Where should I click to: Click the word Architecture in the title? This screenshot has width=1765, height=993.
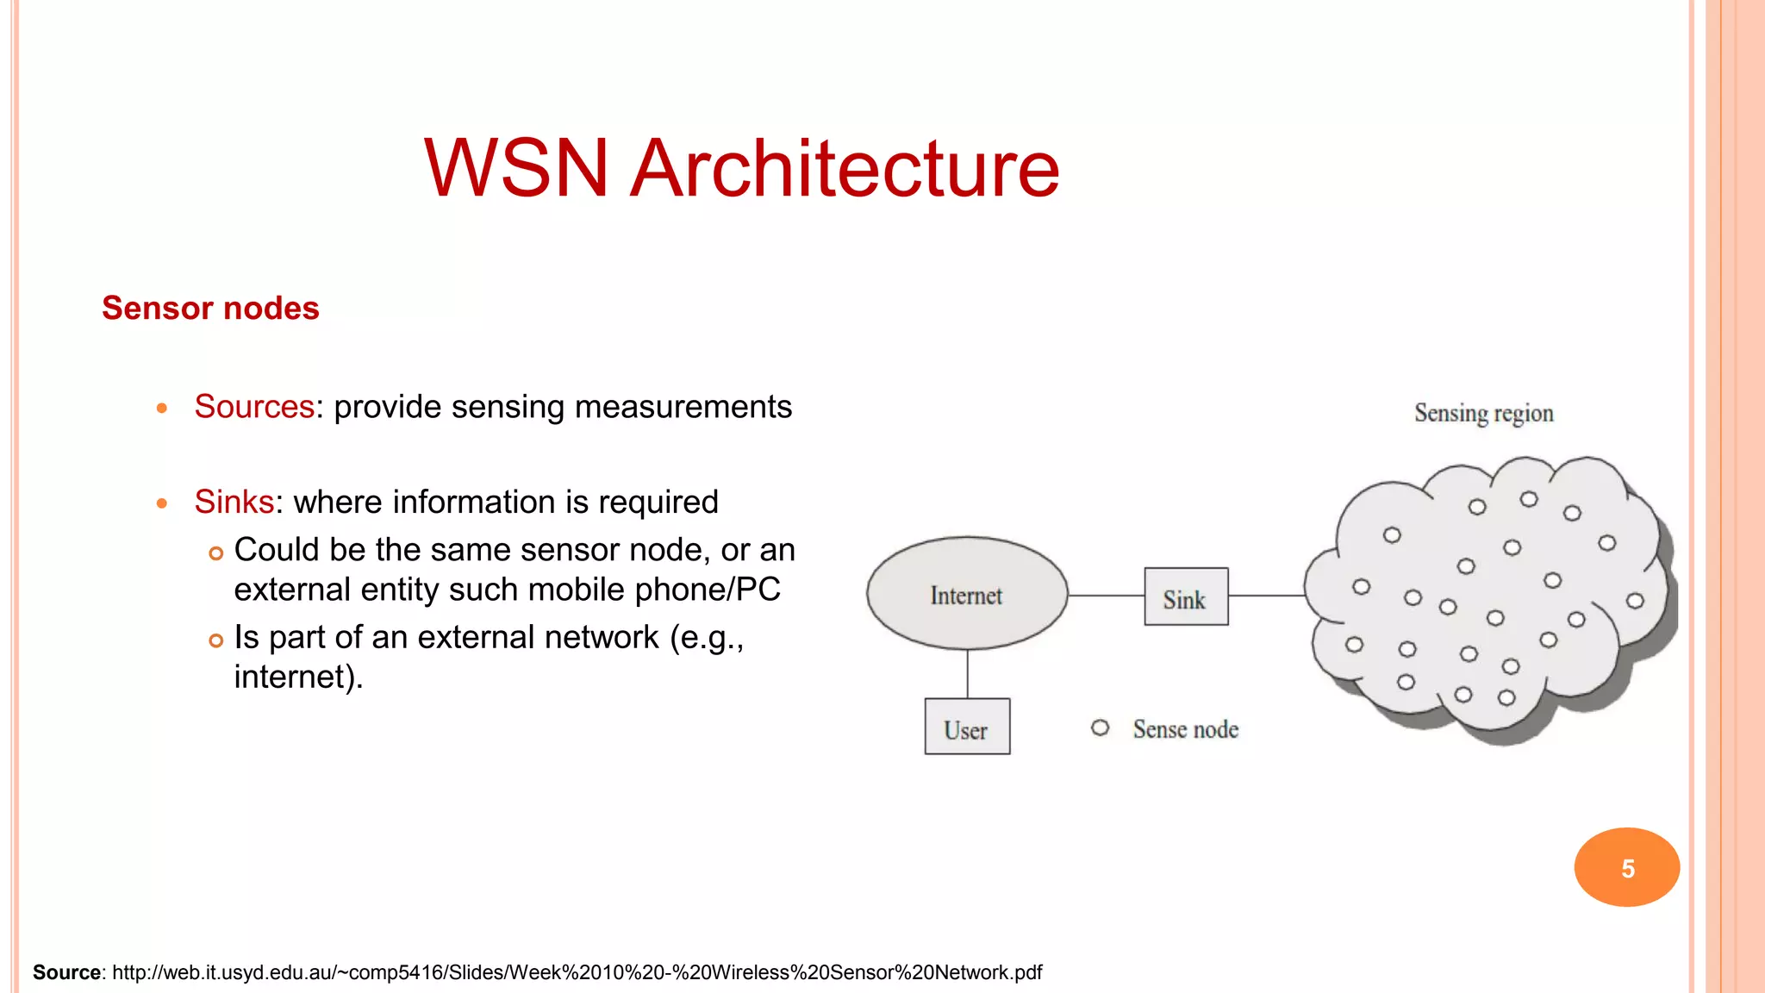[x=845, y=169]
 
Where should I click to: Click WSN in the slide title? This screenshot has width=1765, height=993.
[x=515, y=169]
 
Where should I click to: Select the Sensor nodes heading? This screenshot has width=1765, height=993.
[x=210, y=309]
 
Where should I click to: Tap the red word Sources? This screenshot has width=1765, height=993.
[x=254, y=407]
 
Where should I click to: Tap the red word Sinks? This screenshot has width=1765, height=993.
[x=234, y=502]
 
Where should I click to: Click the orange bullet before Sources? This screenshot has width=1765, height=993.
[x=162, y=409]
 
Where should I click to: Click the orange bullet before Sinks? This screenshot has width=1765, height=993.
[x=162, y=503]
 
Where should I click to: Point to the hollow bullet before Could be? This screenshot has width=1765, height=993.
[x=216, y=553]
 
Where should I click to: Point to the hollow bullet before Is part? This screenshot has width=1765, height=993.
[x=216, y=640]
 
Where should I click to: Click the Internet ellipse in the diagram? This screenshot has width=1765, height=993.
[x=966, y=594]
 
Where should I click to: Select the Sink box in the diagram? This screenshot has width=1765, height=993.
[x=1186, y=596]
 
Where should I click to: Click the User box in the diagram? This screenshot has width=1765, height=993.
[x=967, y=727]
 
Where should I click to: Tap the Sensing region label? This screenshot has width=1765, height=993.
[x=1483, y=414]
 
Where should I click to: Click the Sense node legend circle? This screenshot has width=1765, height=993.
[x=1100, y=728]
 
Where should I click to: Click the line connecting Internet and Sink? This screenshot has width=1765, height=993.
[x=1106, y=596]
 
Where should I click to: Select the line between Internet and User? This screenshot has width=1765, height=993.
[x=968, y=673]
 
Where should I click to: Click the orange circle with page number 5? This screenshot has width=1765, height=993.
[x=1626, y=867]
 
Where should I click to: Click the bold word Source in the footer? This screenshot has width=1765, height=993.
[x=66, y=973]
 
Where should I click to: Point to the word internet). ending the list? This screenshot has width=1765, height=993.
[x=298, y=678]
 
